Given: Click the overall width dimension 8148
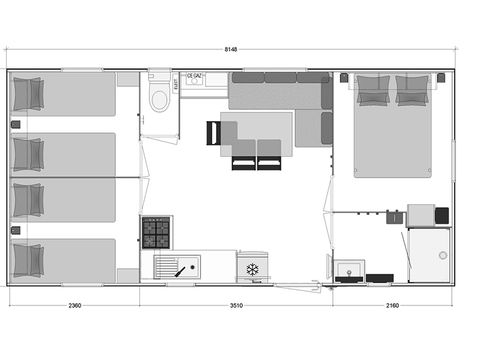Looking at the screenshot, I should (x=231, y=50).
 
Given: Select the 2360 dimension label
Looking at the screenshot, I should (x=74, y=306).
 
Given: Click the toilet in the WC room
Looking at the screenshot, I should (x=158, y=98).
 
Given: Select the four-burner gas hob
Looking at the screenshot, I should (x=156, y=232).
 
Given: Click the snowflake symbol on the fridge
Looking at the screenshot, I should (x=253, y=269).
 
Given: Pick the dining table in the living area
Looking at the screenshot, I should (x=256, y=130).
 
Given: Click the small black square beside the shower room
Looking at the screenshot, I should (x=442, y=214).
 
